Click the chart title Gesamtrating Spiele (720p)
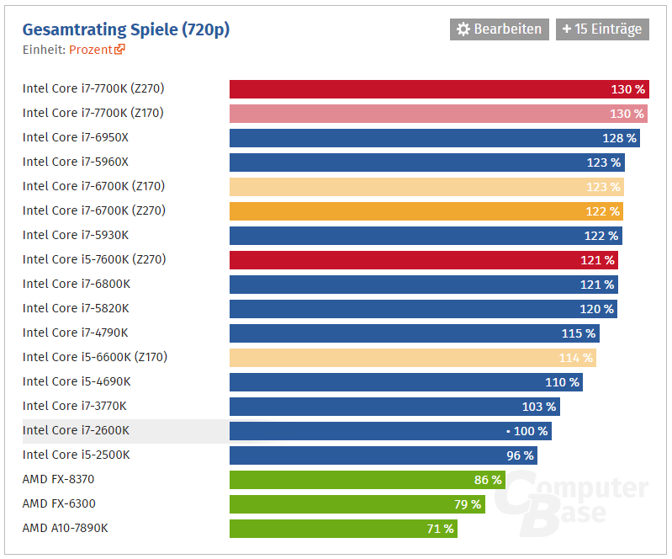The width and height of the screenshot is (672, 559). [125, 29]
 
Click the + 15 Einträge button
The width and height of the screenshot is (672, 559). [602, 29]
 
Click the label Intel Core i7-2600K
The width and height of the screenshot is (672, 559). [76, 430]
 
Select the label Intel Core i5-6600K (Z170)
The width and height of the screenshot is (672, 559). [95, 357]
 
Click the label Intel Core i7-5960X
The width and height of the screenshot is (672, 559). [76, 162]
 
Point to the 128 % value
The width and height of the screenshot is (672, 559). [620, 138]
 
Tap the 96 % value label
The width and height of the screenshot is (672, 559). [520, 455]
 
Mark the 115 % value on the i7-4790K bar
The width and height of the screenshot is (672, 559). [579, 333]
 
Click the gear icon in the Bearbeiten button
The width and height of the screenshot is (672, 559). [463, 29]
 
